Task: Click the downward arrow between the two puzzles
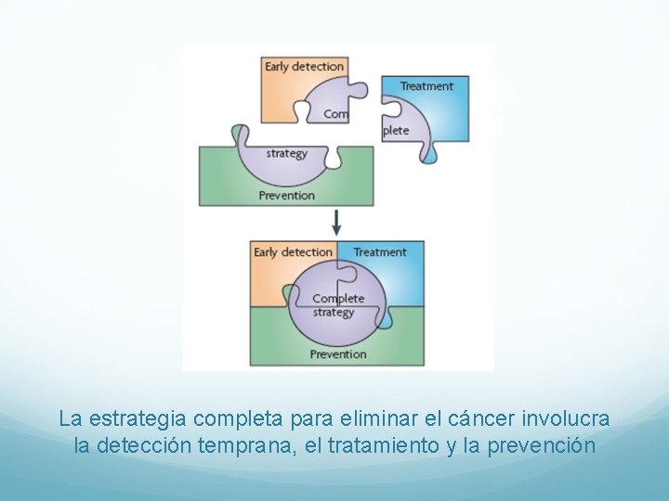tap(336, 222)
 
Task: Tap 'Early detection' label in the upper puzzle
tap(304, 66)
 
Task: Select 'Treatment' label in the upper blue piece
tap(426, 86)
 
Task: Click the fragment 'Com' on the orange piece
tap(336, 114)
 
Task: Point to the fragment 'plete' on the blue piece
tap(397, 130)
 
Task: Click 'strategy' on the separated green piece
tap(286, 153)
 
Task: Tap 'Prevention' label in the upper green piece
tap(286, 195)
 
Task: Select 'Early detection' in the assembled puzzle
tap(293, 251)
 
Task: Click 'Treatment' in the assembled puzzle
tap(380, 251)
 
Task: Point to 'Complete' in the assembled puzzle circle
tap(338, 299)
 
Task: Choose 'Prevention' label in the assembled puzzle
tap(338, 353)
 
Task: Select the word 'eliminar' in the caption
tap(361, 419)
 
